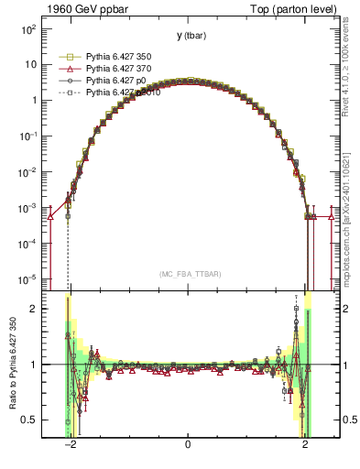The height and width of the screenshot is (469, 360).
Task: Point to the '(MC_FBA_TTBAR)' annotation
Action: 187,274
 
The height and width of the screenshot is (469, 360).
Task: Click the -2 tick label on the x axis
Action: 70,445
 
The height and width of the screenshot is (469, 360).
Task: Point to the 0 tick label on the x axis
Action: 188,445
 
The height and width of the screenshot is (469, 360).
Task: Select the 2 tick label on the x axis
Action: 305,445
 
